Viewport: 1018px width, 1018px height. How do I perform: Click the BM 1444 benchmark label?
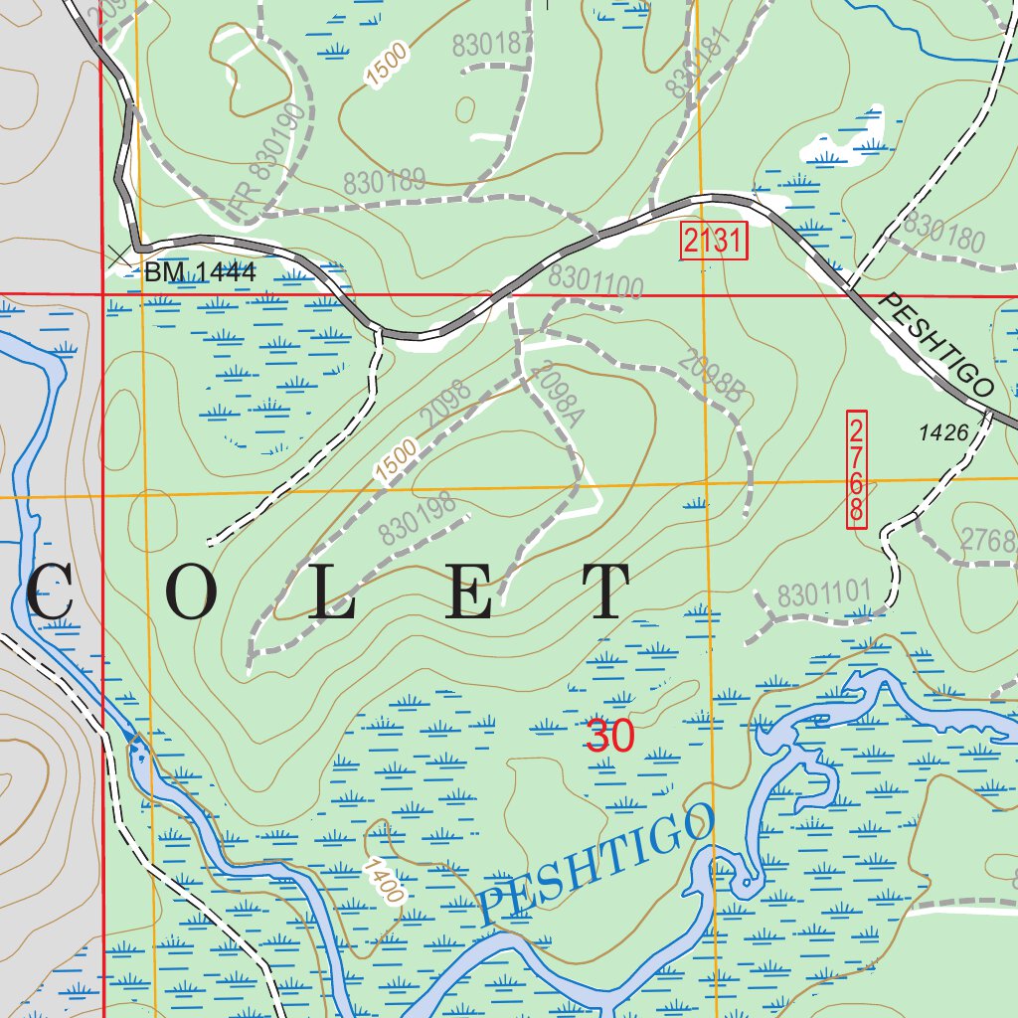200,272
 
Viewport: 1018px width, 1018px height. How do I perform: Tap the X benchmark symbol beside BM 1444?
120,255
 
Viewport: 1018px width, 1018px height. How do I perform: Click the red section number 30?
609,737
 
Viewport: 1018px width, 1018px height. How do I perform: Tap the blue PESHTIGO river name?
596,863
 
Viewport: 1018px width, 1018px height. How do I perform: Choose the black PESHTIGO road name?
937,345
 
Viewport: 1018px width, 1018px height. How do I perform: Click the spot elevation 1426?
943,432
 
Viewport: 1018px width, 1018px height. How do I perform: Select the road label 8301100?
595,282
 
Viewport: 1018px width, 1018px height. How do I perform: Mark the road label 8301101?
823,595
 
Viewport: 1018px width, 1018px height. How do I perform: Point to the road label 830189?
385,183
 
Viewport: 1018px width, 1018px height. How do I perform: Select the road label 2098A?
554,397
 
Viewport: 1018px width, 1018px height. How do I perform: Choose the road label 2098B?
712,376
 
